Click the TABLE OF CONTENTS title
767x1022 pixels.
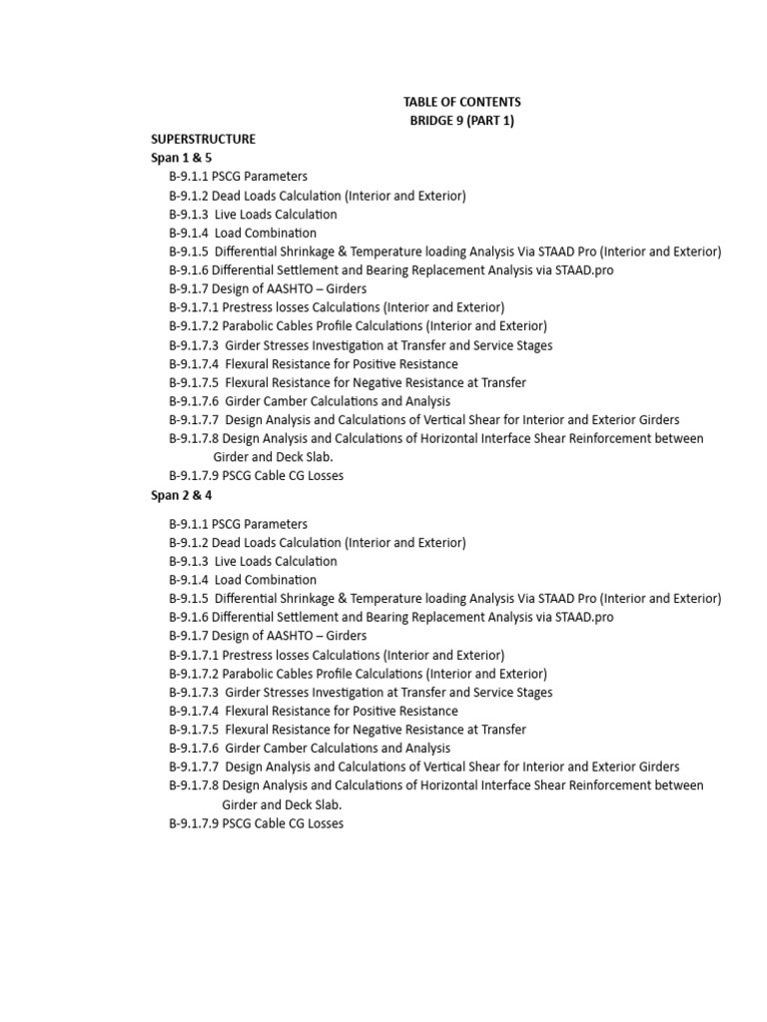pyautogui.click(x=461, y=102)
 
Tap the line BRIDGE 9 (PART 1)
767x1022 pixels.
pyautogui.click(x=461, y=121)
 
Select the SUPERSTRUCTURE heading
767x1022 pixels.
pyautogui.click(x=203, y=139)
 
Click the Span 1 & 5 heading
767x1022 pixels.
pyautogui.click(x=181, y=158)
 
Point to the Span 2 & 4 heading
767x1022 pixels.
pyautogui.click(x=181, y=495)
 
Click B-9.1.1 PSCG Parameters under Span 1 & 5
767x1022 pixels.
pyautogui.click(x=238, y=177)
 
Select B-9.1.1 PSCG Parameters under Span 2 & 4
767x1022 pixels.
pyautogui.click(x=238, y=524)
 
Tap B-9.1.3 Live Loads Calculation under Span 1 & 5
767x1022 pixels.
pyautogui.click(x=253, y=215)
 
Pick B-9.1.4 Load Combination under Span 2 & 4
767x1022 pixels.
pyautogui.click(x=243, y=580)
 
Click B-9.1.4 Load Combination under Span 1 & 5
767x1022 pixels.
pyautogui.click(x=243, y=233)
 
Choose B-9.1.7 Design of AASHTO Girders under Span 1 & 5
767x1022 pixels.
pyautogui.click(x=268, y=289)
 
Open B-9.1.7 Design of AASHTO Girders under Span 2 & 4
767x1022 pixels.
pyautogui.click(x=268, y=636)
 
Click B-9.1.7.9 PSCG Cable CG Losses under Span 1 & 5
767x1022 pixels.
pyautogui.click(x=256, y=476)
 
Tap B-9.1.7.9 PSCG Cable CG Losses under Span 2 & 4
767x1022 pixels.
pyautogui.click(x=256, y=823)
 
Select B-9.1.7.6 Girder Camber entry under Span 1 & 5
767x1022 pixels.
pyautogui.click(x=310, y=401)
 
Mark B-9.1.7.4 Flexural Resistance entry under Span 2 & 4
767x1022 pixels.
pyautogui.click(x=314, y=711)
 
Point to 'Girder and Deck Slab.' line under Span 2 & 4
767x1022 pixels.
pyautogui.click(x=282, y=804)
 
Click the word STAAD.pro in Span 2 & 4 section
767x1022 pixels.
pyautogui.click(x=581, y=618)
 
